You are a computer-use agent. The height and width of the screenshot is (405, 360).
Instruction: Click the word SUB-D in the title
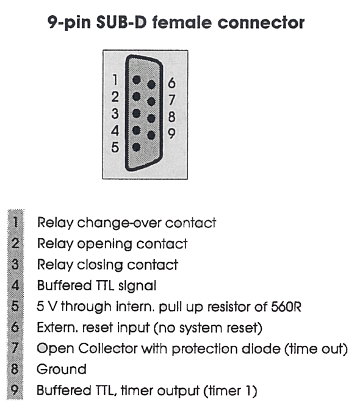[x=121, y=22]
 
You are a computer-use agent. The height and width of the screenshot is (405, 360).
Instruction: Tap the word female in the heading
[x=182, y=22]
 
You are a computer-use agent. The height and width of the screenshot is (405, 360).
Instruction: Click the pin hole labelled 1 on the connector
[x=137, y=80]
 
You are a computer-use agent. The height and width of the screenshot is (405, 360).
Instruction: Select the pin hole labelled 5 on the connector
[x=136, y=147]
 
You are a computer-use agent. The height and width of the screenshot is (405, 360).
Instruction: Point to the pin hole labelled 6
[x=151, y=84]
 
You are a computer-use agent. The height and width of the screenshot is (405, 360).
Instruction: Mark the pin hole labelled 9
[x=151, y=135]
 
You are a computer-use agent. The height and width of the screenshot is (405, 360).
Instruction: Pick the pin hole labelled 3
[x=136, y=113]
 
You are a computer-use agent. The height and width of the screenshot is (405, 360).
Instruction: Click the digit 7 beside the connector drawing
[x=171, y=99]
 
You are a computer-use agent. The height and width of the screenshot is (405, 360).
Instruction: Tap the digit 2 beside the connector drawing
[x=115, y=96]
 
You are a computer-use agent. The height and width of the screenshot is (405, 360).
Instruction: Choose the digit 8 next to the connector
[x=172, y=116]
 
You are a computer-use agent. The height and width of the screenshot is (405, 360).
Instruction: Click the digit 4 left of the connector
[x=115, y=131]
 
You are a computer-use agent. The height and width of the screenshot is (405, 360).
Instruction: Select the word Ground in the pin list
[x=62, y=369]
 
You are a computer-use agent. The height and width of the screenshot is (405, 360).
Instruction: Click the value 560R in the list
[x=286, y=307]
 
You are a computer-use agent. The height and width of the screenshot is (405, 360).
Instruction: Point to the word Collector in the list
[x=108, y=348]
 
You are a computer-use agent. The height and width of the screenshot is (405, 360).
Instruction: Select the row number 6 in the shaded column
[x=15, y=328]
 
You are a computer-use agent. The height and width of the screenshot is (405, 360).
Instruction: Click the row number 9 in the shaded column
[x=15, y=390]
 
